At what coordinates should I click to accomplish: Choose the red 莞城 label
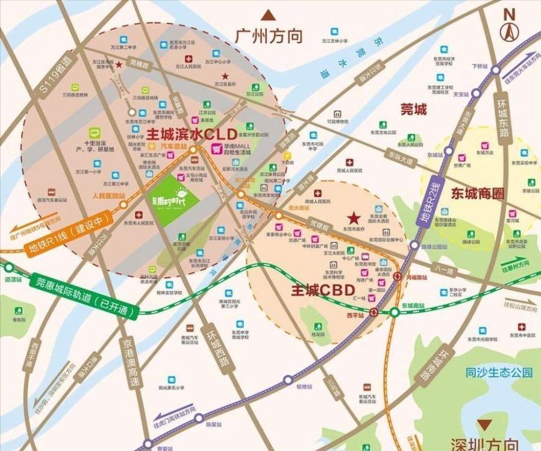pos(413,109)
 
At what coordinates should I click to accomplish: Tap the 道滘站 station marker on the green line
pos(9,267)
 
